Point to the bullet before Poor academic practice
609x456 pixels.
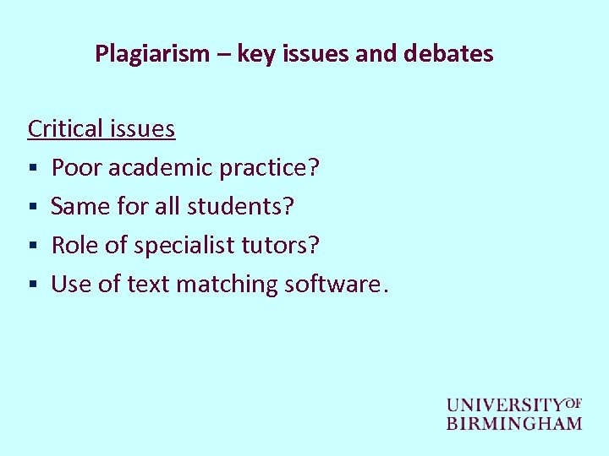(x=32, y=169)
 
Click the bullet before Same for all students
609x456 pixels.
(x=32, y=208)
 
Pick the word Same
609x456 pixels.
(x=79, y=207)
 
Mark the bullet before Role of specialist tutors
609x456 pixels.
(x=32, y=247)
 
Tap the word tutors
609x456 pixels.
(x=283, y=246)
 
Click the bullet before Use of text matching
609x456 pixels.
(x=32, y=285)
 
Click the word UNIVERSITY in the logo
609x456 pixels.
(x=505, y=405)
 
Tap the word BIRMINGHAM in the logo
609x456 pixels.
(x=514, y=423)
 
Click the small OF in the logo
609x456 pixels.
(x=573, y=402)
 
